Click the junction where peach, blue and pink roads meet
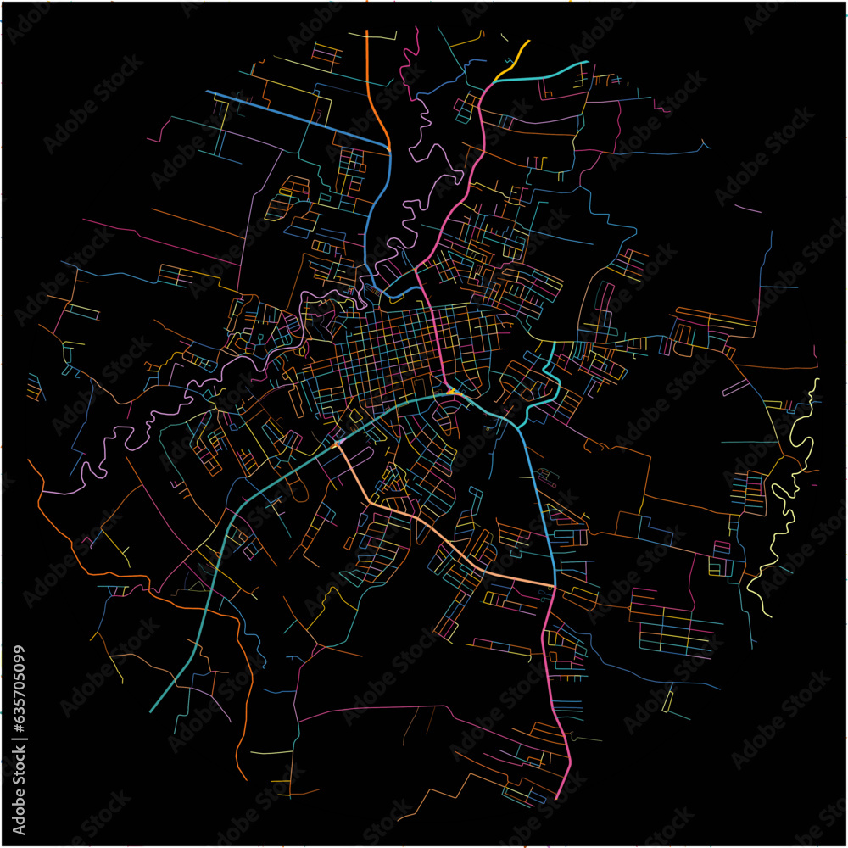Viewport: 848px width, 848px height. point(554,586)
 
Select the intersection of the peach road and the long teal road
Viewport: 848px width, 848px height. point(338,443)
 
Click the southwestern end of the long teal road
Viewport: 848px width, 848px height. point(151,711)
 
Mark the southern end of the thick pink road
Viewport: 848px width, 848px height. point(555,798)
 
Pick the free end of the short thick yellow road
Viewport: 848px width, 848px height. point(528,41)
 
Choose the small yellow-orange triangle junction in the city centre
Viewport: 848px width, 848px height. point(453,392)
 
